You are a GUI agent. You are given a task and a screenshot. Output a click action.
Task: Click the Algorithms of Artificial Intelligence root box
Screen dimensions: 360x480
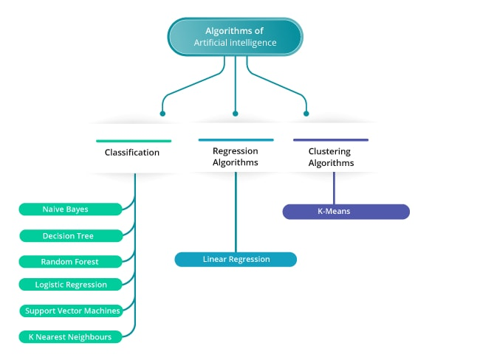[x=235, y=37]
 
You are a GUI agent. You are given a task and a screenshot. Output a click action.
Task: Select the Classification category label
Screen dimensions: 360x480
[x=132, y=153]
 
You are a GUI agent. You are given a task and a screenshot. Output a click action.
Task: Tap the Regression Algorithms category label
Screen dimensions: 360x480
[x=236, y=157]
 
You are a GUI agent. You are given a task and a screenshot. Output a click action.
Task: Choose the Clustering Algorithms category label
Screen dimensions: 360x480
[x=331, y=157]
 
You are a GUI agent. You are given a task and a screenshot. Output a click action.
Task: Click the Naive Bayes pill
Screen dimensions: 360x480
[x=70, y=210]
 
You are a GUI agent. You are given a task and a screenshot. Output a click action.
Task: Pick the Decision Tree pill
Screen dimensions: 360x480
[x=70, y=235]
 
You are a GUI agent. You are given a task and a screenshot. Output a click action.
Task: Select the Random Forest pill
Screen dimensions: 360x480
[x=70, y=261]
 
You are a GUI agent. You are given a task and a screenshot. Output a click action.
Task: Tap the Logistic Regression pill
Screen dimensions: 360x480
[x=71, y=285]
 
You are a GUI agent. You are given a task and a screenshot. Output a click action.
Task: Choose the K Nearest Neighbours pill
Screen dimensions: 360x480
[x=71, y=337]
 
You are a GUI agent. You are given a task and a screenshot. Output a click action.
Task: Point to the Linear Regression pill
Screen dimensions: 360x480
[x=236, y=259]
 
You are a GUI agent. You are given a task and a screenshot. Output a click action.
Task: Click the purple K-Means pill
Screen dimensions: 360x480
[x=346, y=212]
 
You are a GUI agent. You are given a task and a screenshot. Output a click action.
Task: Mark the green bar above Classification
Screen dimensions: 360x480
[x=134, y=140]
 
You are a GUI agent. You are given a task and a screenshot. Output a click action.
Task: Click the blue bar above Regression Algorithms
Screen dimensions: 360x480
[x=236, y=139]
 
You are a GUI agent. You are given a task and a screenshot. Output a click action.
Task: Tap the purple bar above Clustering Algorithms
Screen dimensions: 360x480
[x=331, y=139]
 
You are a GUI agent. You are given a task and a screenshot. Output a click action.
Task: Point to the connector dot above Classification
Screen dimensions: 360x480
[x=163, y=114]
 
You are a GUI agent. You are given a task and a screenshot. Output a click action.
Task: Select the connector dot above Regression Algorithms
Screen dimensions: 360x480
[x=236, y=114]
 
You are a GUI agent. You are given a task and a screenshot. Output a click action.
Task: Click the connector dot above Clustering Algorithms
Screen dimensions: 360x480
[x=306, y=114]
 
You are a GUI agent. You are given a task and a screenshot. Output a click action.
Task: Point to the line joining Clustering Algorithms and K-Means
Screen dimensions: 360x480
[x=334, y=189]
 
